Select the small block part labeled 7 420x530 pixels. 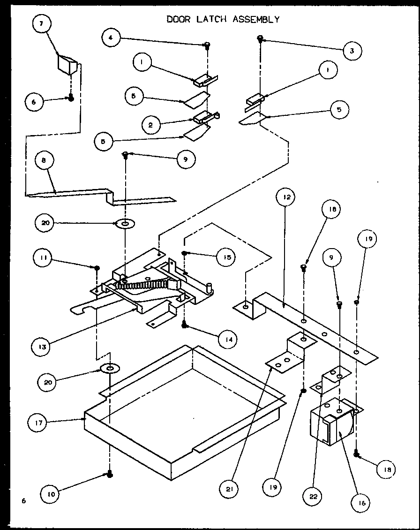pyautogui.click(x=68, y=64)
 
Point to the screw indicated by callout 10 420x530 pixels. pyautogui.click(x=109, y=475)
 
